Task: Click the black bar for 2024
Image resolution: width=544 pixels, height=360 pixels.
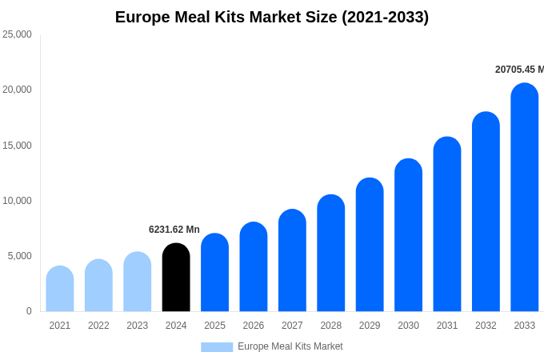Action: pyautogui.click(x=176, y=278)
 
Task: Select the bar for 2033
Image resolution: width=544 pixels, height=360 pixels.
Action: pyautogui.click(x=525, y=198)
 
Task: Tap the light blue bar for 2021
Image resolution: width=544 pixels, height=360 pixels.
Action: pyautogui.click(x=60, y=289)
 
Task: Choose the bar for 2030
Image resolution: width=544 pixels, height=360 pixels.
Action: pyautogui.click(x=408, y=235)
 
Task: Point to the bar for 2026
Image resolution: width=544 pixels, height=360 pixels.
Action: pyautogui.click(x=254, y=267)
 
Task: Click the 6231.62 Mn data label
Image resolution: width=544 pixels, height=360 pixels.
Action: pyautogui.click(x=174, y=230)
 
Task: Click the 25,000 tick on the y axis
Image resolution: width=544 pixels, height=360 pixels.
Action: pyautogui.click(x=17, y=34)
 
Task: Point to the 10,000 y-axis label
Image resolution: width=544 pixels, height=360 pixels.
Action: pyautogui.click(x=17, y=200)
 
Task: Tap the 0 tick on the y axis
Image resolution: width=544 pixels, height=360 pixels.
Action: pyautogui.click(x=29, y=311)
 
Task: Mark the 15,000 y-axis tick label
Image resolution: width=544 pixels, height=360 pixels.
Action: pyautogui.click(x=17, y=145)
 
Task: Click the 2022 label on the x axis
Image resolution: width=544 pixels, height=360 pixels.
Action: pyautogui.click(x=98, y=326)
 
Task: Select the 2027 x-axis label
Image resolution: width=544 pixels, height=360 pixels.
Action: pyautogui.click(x=292, y=326)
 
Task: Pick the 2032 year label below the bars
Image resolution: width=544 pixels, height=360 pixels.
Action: pyautogui.click(x=486, y=326)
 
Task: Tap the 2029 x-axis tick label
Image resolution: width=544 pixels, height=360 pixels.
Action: pyautogui.click(x=370, y=326)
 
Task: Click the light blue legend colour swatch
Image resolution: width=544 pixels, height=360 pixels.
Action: pyautogui.click(x=217, y=347)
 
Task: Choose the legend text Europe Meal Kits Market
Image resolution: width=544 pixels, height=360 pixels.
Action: pyautogui.click(x=290, y=346)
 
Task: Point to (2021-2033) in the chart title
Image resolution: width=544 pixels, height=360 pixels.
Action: pyautogui.click(x=385, y=17)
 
